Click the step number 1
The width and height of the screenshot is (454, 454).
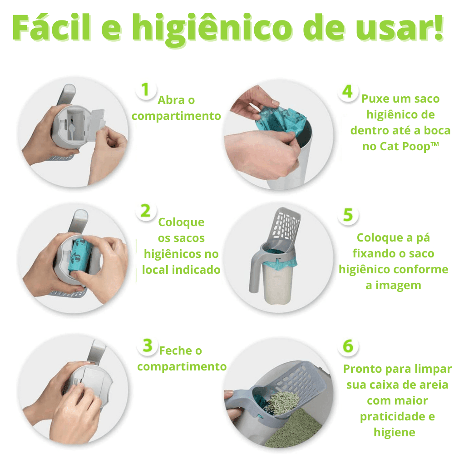(x=145, y=89)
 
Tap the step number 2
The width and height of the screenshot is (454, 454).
(x=145, y=211)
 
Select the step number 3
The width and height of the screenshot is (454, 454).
(x=147, y=345)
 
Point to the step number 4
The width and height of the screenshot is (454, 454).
(x=347, y=91)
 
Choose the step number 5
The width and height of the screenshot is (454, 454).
(x=348, y=215)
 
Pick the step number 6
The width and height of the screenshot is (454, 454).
(x=348, y=346)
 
